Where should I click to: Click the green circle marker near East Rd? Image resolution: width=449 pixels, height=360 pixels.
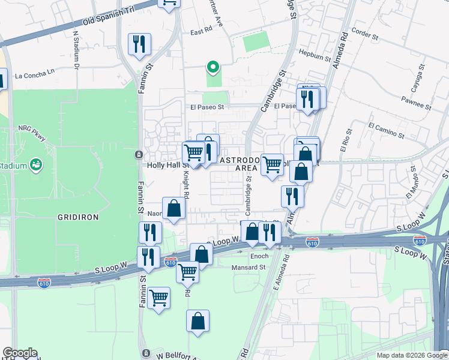pyautogui.click(x=211, y=67)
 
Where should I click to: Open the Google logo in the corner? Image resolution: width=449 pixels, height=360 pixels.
pyautogui.click(x=20, y=353)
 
